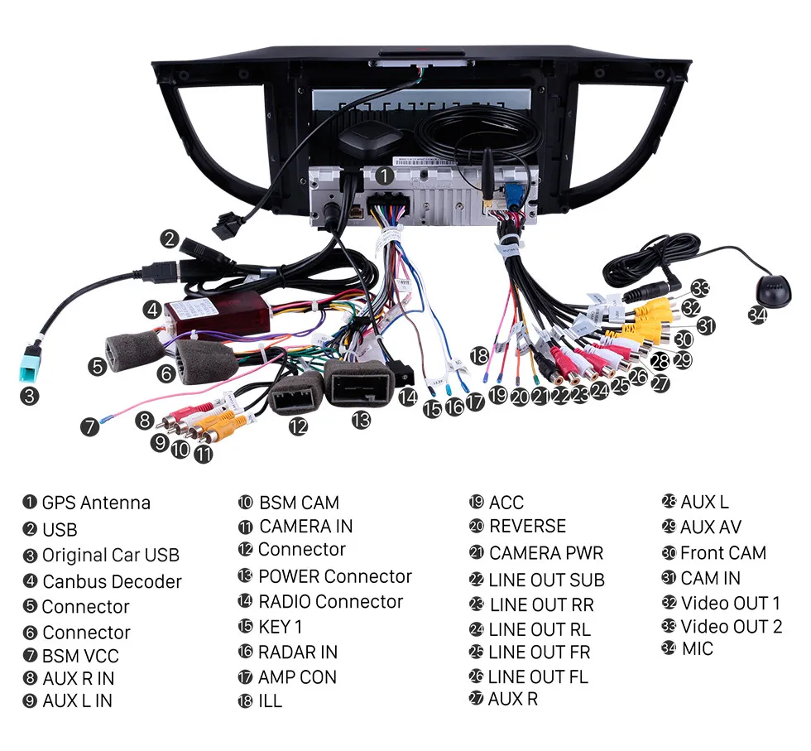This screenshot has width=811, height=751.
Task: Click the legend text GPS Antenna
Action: click(95, 503)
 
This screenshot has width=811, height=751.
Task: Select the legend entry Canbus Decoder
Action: click(111, 581)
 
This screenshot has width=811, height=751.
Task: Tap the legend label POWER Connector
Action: click(334, 576)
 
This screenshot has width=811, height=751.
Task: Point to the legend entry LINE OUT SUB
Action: click(546, 580)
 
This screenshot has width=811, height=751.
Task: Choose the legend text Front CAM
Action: click(722, 552)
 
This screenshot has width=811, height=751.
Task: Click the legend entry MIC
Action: click(697, 648)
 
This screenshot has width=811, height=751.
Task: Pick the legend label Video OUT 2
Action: click(731, 626)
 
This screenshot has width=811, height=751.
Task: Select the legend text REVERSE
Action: click(527, 527)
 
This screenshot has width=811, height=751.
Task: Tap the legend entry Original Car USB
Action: click(110, 555)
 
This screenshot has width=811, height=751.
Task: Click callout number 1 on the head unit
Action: click(384, 176)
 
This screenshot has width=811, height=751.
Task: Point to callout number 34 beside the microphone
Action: click(756, 315)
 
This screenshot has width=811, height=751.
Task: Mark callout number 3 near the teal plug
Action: click(30, 396)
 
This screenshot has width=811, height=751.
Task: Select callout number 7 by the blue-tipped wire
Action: click(89, 428)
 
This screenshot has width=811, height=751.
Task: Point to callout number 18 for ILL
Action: click(478, 356)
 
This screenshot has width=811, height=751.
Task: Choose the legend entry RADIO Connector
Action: click(330, 602)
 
